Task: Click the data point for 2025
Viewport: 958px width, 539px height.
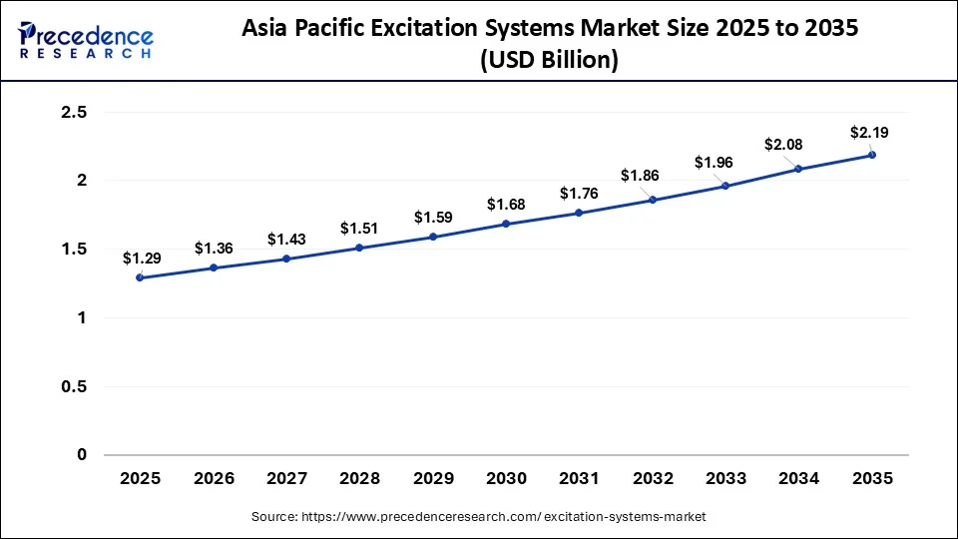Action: pos(140,277)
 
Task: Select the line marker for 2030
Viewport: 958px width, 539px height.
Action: pos(506,224)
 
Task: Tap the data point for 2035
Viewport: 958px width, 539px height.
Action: pos(872,155)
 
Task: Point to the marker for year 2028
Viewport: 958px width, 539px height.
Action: pos(359,248)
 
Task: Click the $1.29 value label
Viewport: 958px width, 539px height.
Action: pos(140,258)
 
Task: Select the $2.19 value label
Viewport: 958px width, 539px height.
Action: pos(869,132)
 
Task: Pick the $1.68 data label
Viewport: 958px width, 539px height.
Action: pos(506,204)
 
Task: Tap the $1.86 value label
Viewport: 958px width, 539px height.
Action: pos(639,176)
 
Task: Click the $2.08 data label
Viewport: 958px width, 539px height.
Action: pos(784,145)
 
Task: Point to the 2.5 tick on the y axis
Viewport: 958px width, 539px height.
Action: pos(74,113)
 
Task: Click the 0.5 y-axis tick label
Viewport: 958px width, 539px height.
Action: pos(74,386)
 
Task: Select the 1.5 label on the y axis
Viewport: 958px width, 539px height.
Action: pos(74,250)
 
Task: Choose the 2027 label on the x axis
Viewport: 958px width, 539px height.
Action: pos(286,479)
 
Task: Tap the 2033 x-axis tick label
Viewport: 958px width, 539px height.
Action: pos(725,479)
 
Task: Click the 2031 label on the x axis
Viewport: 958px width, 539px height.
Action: pos(579,479)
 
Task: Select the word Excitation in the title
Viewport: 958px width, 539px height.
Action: pos(459,29)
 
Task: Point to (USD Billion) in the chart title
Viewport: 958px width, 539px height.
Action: pos(549,60)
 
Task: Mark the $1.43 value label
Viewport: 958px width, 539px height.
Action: pos(286,240)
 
